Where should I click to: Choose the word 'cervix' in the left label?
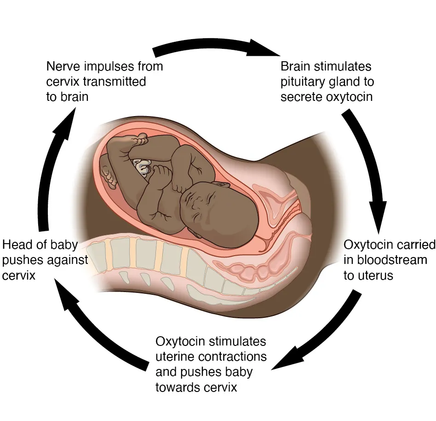click(x=18, y=275)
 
